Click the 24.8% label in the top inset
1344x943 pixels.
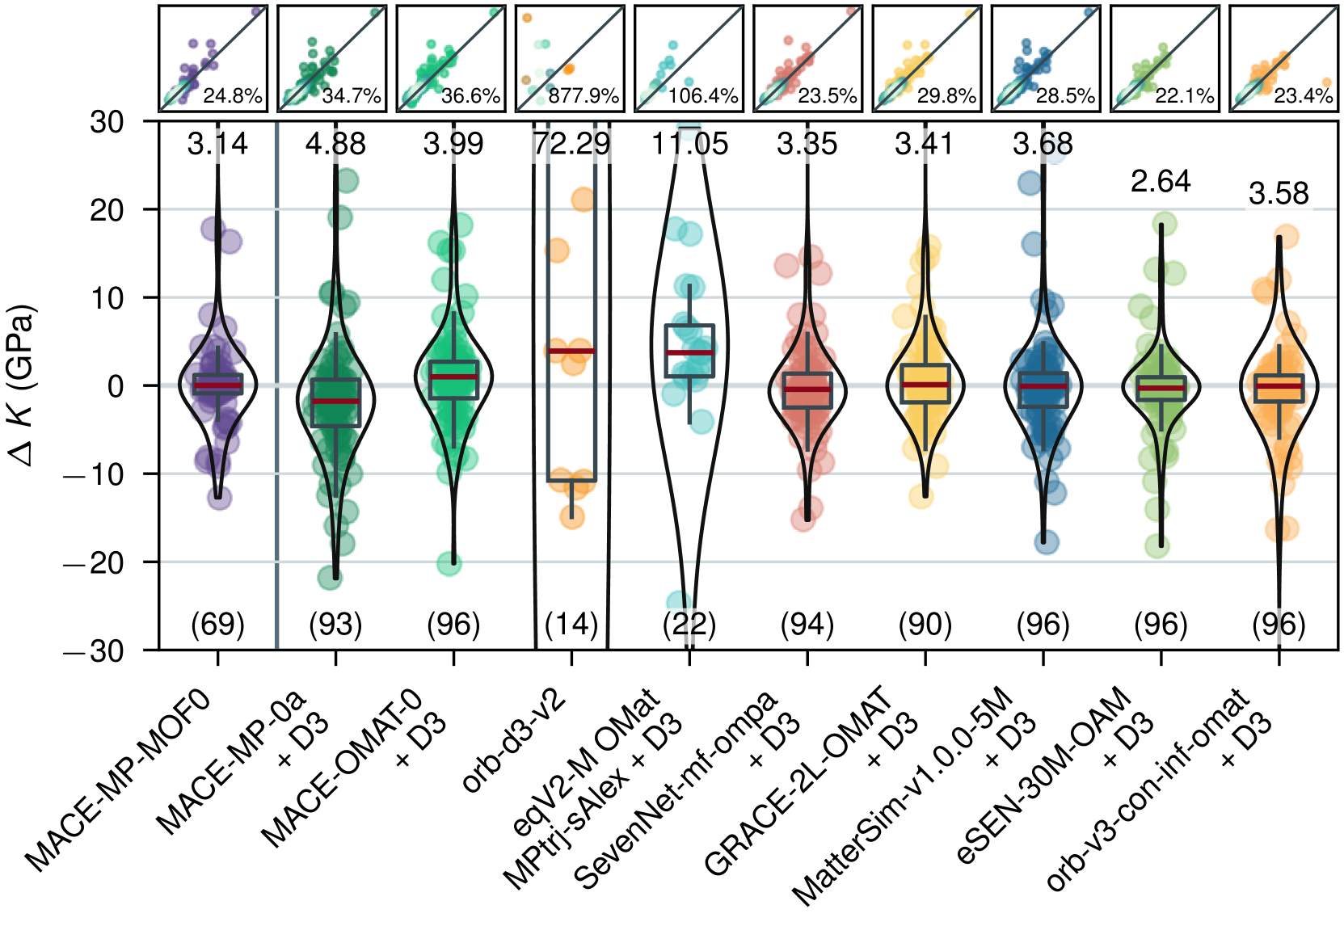pos(233,96)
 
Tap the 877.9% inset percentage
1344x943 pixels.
pos(584,96)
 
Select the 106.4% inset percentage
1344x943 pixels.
pos(703,96)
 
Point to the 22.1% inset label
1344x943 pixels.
pos(1185,96)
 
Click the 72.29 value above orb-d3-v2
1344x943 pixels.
pos(572,144)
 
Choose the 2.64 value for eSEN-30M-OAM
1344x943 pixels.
pos(1161,181)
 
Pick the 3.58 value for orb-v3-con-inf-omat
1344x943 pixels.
pos(1279,194)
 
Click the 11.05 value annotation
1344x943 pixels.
pos(690,144)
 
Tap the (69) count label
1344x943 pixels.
pos(217,624)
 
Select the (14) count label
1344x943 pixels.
pos(571,624)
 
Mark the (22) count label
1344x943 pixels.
pos(689,624)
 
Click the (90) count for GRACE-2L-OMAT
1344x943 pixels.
pos(925,624)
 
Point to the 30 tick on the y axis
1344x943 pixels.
pos(107,123)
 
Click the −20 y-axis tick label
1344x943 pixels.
pos(95,562)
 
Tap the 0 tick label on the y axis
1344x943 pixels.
pos(116,386)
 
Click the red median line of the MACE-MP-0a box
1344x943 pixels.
pos(335,401)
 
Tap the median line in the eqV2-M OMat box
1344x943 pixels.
pos(689,352)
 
